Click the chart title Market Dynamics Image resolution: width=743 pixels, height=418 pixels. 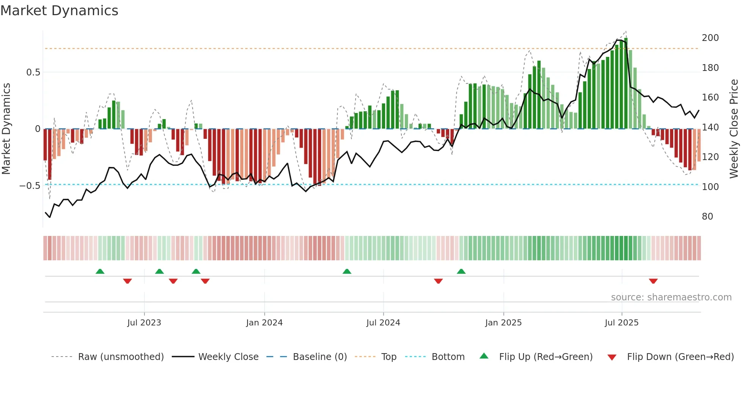point(59,11)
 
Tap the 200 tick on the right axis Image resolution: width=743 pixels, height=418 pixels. point(710,38)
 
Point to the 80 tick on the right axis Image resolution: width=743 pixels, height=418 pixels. point(707,217)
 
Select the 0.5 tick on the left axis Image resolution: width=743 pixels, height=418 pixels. point(33,72)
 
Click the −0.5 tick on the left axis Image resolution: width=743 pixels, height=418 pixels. point(30,186)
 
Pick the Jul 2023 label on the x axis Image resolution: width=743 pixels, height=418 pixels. point(144,323)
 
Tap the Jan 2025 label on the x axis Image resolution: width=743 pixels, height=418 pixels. point(503,323)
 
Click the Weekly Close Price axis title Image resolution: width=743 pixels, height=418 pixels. point(734,129)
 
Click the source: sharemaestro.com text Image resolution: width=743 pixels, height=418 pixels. point(671,297)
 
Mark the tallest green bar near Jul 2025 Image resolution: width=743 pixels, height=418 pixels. point(626,83)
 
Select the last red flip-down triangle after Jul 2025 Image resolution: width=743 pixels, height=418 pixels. point(653,281)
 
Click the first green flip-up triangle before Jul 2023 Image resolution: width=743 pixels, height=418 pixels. point(100,271)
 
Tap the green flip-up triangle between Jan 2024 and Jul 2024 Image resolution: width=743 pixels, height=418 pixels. point(347,271)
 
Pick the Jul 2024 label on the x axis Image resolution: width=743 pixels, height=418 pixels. point(383,323)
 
